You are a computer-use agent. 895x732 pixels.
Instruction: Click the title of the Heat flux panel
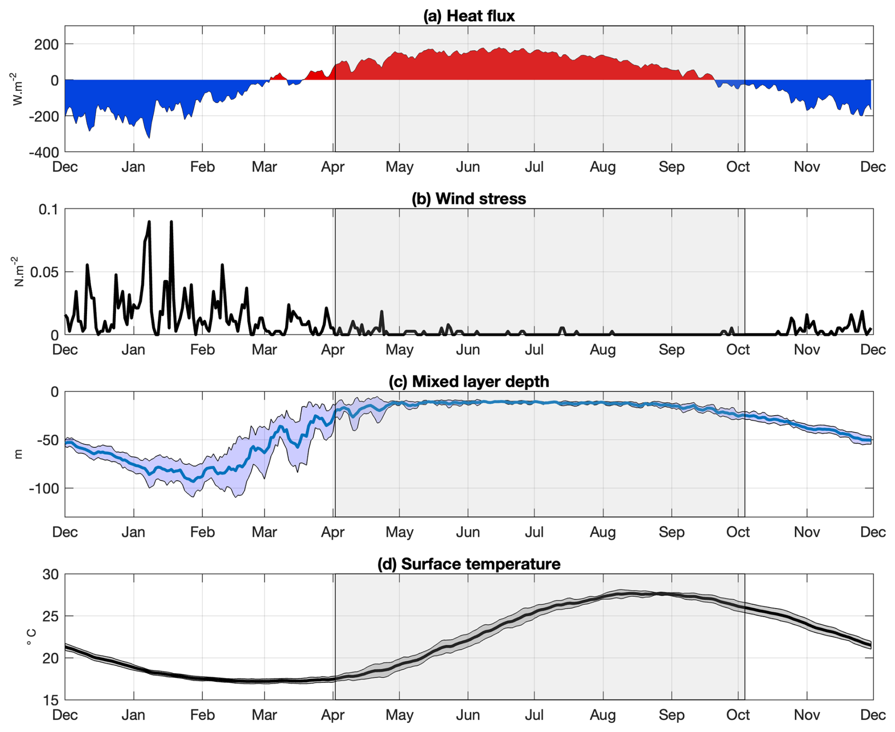click(x=469, y=16)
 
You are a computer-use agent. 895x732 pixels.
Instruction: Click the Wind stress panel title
click(x=469, y=199)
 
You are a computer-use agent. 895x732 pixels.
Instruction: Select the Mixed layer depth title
click(x=469, y=381)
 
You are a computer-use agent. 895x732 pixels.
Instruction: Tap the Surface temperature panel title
click(x=469, y=564)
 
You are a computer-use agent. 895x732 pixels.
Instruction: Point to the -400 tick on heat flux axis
click(x=44, y=152)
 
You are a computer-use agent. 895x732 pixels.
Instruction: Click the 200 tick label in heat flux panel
click(x=46, y=44)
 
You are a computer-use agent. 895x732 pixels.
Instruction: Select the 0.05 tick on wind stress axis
click(x=44, y=272)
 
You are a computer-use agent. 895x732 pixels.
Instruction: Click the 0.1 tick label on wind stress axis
click(x=49, y=209)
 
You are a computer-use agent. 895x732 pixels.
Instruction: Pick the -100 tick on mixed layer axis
click(x=44, y=488)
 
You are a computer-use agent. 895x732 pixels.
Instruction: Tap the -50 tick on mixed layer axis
click(x=48, y=440)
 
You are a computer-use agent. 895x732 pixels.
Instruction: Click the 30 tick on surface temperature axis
click(x=51, y=575)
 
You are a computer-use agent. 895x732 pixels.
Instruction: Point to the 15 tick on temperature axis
click(x=51, y=700)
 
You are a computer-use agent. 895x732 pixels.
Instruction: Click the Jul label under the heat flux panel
click(x=535, y=167)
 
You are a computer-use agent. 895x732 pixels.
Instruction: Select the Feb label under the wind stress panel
click(x=202, y=349)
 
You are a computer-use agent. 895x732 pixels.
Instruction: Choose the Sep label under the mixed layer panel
click(x=672, y=532)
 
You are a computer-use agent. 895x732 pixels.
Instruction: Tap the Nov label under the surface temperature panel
click(x=807, y=715)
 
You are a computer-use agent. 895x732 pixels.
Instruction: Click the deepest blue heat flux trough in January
click(x=149, y=137)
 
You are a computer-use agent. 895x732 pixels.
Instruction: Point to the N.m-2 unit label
click(x=18, y=271)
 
